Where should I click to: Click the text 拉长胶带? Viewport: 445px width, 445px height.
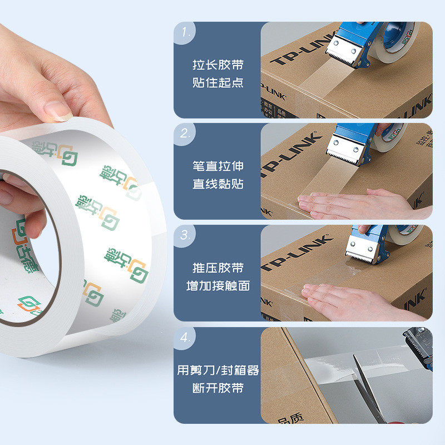[218, 65]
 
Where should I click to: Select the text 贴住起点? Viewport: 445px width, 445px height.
[218, 83]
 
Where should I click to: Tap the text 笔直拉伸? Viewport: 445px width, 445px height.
[218, 166]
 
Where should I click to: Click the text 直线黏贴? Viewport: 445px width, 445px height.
[218, 184]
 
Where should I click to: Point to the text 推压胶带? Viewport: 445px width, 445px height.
[218, 268]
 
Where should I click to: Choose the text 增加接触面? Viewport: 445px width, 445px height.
[218, 286]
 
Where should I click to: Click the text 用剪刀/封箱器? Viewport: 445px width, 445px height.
[218, 370]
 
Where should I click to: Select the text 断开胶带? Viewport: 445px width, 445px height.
[218, 388]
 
